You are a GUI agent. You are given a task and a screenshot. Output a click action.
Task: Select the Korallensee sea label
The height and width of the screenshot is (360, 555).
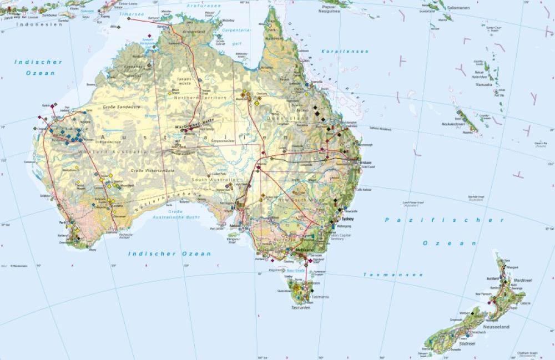[337, 51]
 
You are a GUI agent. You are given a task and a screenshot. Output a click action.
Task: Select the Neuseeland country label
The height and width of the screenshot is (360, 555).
[496, 327]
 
